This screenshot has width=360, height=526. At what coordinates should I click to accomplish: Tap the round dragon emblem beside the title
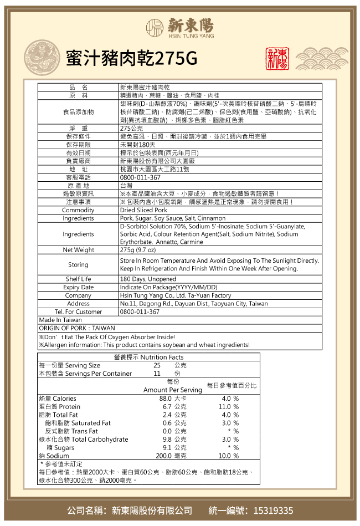pos(43,58)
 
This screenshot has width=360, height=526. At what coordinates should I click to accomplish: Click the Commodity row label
pos(78,210)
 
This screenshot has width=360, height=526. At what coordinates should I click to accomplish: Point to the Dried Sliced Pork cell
pos(143,210)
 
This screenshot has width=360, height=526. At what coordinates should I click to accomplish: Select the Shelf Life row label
pos(78,279)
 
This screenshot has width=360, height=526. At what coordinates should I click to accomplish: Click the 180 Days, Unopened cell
pos(148,279)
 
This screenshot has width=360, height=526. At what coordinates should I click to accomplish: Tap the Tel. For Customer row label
pos(78,311)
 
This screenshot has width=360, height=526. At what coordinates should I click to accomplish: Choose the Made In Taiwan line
pos(60,320)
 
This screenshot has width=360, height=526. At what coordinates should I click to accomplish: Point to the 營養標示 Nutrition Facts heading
pos(148,357)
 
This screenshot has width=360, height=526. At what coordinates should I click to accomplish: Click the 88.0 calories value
pos(165,399)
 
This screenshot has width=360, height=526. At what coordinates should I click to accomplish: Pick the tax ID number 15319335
pos(273,510)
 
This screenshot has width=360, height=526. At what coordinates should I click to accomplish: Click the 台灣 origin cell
pos(126,185)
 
